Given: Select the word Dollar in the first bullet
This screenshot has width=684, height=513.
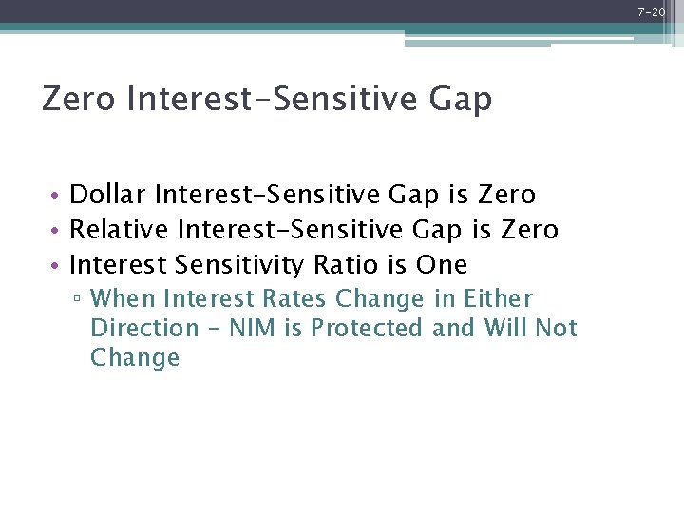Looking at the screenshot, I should pos(108,196).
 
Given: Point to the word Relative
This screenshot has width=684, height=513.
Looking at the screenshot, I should pos(121,230).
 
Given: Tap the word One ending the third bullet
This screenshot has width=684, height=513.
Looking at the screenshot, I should pos(442,264).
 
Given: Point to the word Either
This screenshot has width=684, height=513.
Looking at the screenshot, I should pos(499,299).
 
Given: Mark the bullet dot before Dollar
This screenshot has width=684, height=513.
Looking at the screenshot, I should pos(57,197).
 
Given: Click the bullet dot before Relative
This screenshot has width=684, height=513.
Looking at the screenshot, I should pos(57,231).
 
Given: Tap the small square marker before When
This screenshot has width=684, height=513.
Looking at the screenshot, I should pos(78,300).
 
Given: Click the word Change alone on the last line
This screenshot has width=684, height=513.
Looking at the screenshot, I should pos(135,358).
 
